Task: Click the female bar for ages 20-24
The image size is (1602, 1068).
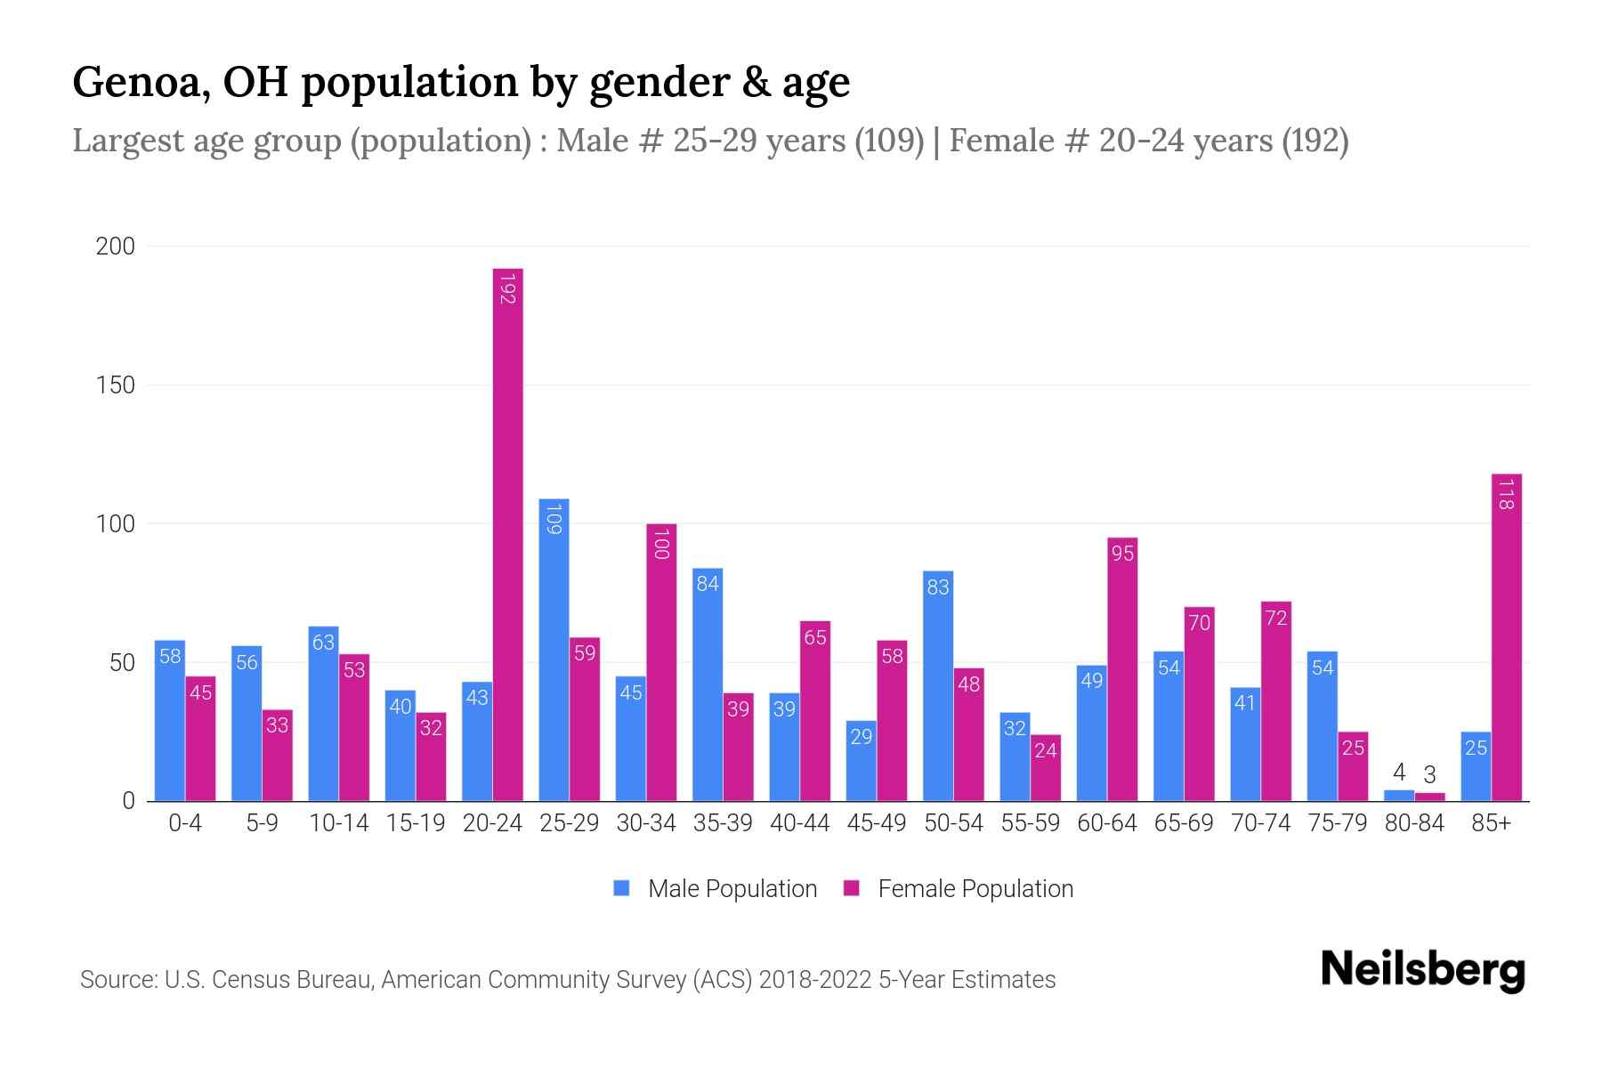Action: (x=507, y=534)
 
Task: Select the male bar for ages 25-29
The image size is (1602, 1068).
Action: (x=554, y=650)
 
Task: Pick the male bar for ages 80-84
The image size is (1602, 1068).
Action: (x=1398, y=796)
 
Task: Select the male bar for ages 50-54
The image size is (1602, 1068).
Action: (x=938, y=685)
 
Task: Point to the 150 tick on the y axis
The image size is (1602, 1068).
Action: (x=116, y=385)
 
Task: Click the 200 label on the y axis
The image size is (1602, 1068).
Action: (x=116, y=247)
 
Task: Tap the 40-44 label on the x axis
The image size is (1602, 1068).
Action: (x=799, y=823)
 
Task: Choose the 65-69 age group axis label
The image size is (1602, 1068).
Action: (x=1184, y=823)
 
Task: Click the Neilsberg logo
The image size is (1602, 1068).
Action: (x=1422, y=970)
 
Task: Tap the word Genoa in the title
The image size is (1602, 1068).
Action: (x=141, y=83)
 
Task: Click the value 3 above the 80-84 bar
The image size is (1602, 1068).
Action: (x=1429, y=775)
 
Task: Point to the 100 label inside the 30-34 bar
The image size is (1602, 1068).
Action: (x=660, y=544)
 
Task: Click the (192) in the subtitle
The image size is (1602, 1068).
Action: (x=1315, y=141)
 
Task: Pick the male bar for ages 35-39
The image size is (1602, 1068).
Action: (x=708, y=684)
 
